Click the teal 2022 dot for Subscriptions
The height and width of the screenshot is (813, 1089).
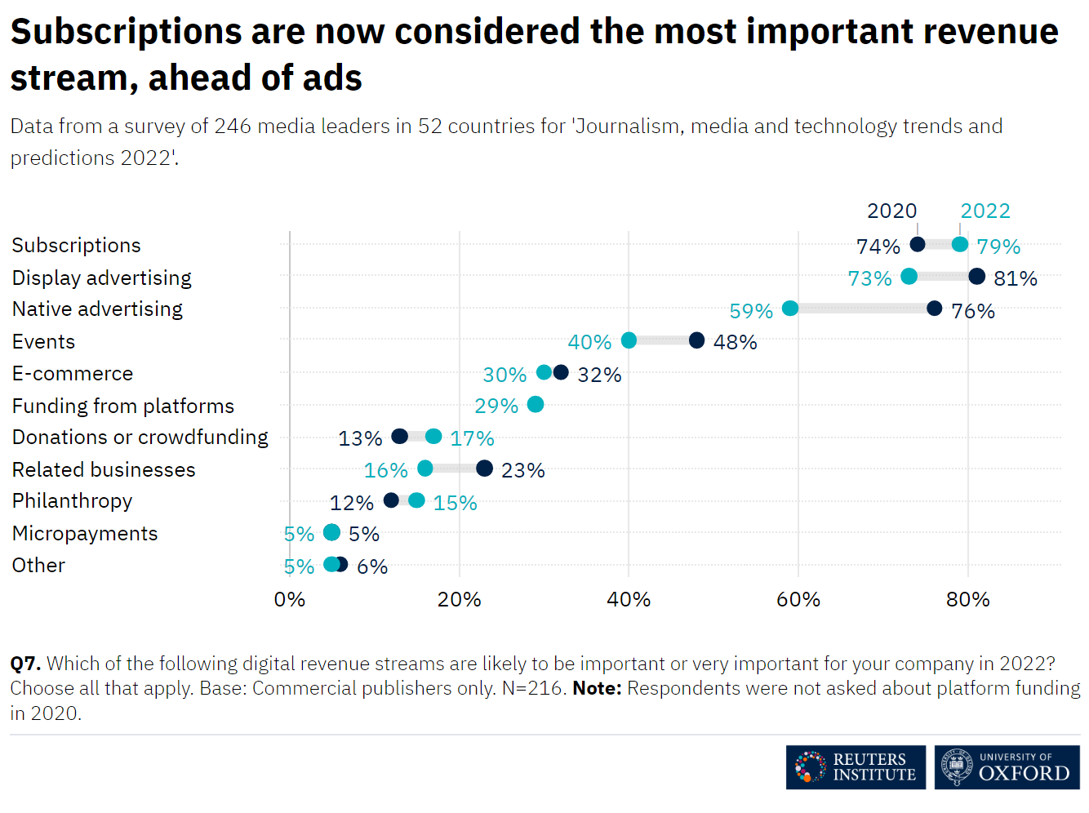[960, 245]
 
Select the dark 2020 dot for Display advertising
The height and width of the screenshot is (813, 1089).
[977, 277]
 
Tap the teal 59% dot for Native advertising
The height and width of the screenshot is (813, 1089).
[790, 309]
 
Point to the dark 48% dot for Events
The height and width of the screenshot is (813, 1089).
[696, 340]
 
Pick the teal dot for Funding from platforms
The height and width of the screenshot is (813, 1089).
[536, 405]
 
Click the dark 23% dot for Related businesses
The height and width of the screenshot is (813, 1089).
[484, 469]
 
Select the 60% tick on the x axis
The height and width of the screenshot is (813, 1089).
[798, 600]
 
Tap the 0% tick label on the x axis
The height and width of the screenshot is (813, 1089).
[290, 600]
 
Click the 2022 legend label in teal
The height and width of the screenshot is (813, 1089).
[985, 211]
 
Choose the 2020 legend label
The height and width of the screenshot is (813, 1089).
[891, 211]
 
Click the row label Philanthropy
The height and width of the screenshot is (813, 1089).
[72, 501]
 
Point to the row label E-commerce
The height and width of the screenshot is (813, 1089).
[73, 374]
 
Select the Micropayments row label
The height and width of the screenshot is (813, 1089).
[85, 534]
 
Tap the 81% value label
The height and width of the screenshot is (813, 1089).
[1016, 279]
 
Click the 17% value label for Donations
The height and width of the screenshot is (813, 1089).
[472, 439]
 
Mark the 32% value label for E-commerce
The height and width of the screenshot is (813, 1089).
[599, 375]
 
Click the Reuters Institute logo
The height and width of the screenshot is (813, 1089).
[856, 767]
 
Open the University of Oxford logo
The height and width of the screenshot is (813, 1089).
[1007, 767]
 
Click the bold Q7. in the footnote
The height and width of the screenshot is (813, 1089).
[25, 664]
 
